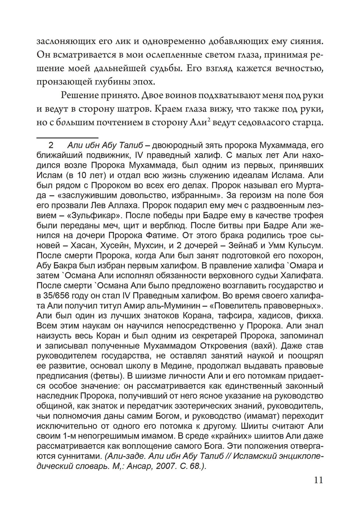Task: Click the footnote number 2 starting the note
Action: [51, 146]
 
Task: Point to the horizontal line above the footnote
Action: [67, 137]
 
